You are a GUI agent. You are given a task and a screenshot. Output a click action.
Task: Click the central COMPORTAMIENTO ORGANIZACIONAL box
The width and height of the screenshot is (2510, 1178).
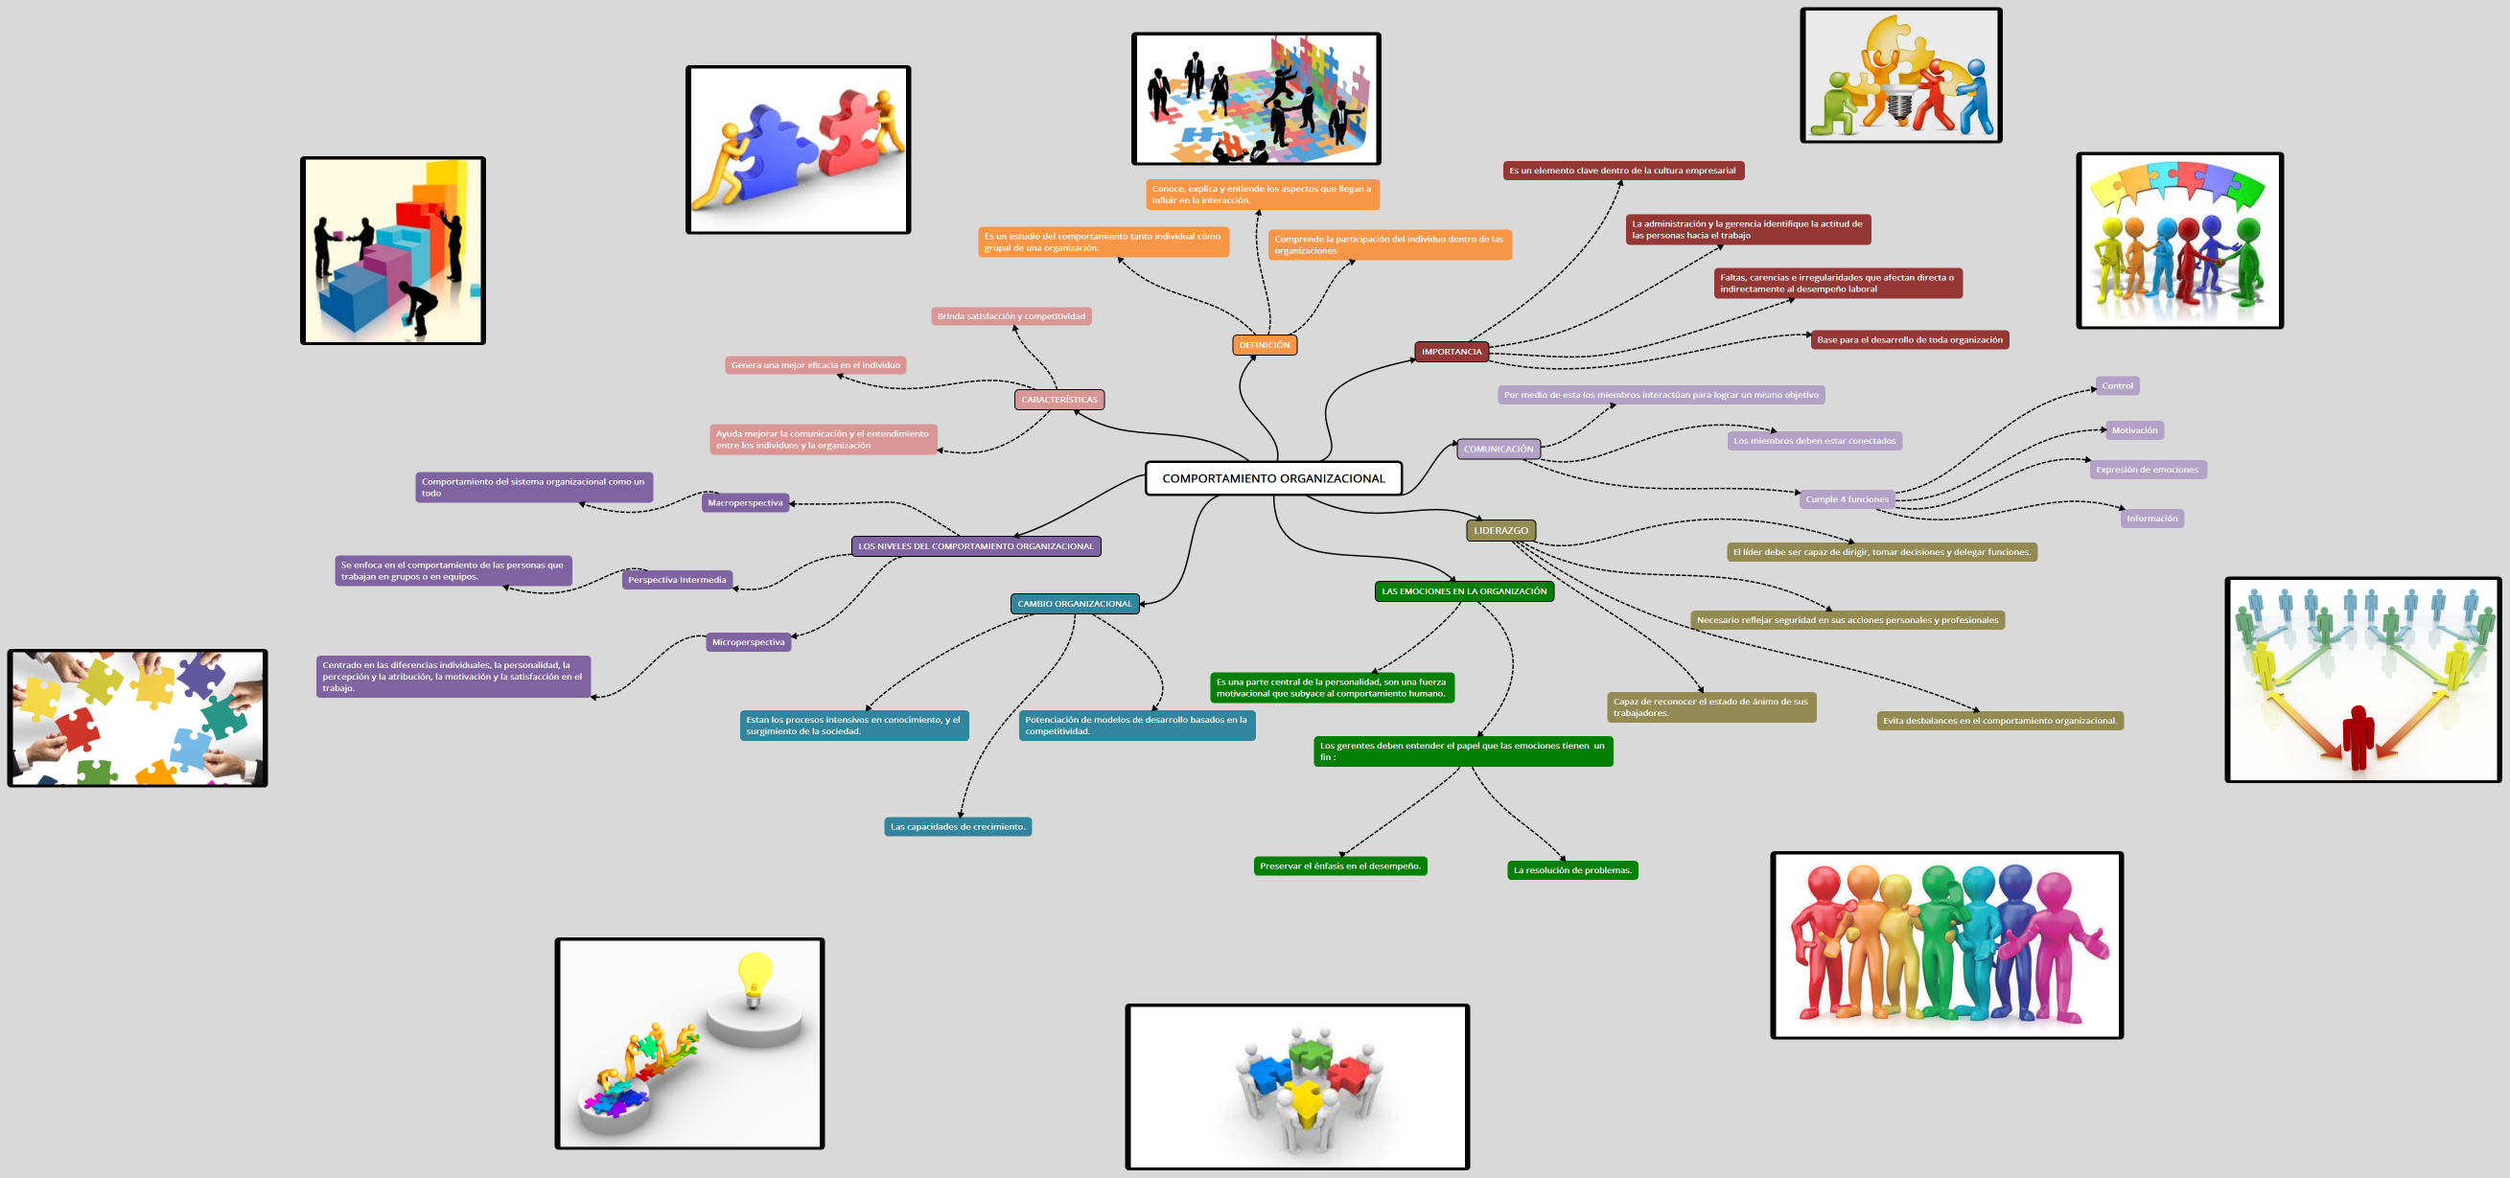pos(1272,478)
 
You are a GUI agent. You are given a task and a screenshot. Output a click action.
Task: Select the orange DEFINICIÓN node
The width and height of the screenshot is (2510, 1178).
pos(1264,345)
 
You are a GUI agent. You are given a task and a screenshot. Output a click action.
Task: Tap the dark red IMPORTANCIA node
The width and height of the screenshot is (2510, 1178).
pos(1451,352)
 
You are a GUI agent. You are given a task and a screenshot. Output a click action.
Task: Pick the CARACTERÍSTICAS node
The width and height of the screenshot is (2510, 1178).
pos(1058,400)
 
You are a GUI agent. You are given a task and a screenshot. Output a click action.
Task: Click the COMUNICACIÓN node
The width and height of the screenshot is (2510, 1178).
pos(1498,450)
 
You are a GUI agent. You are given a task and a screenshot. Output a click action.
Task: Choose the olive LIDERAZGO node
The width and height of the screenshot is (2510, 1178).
pos(1500,531)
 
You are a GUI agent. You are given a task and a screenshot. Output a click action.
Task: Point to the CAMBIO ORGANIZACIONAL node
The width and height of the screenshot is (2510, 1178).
pos(1074,604)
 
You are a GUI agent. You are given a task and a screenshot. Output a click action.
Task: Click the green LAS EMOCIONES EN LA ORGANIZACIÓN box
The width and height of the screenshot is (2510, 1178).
pos(1463,591)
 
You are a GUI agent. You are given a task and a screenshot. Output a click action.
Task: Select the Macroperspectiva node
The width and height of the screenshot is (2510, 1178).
pos(744,503)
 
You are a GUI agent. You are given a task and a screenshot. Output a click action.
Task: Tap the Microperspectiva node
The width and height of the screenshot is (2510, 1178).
pos(748,642)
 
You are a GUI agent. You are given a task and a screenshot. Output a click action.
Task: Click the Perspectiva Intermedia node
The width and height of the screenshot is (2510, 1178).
pos(676,580)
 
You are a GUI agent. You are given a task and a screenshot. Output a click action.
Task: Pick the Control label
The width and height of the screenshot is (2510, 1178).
pos(2116,386)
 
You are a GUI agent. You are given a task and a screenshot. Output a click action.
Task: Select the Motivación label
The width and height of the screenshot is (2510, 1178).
pos(2134,430)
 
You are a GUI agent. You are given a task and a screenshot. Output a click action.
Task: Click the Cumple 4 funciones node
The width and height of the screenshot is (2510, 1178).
pos(1847,499)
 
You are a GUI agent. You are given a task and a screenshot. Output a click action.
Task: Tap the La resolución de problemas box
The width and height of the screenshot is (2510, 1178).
pos(1571,870)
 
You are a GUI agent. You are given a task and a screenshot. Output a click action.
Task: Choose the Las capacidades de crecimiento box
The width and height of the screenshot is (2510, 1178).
pos(957,827)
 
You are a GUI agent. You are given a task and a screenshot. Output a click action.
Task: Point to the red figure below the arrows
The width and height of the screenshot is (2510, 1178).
pos(2357,735)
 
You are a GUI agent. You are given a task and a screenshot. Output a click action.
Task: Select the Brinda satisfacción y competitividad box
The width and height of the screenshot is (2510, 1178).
pos(1011,316)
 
